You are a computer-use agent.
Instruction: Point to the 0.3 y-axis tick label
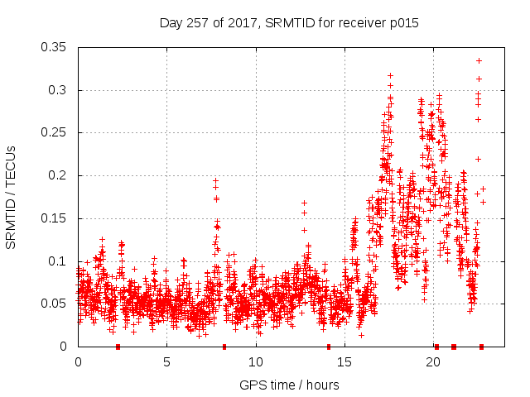[x=60, y=90]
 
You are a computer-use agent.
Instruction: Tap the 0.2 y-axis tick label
[x=60, y=175]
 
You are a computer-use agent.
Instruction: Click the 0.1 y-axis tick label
[x=60, y=261]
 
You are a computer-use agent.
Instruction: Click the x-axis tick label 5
[x=166, y=362]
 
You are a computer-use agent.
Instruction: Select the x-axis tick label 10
[x=256, y=362]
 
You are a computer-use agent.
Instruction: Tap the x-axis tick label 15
[x=344, y=362]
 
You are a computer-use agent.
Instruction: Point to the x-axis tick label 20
[x=433, y=362]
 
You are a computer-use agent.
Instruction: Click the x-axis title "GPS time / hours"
[x=289, y=385]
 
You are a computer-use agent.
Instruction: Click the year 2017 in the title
[x=242, y=23]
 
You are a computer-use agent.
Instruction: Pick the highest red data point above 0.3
[x=479, y=60]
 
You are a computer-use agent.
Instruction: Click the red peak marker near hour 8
[x=215, y=180]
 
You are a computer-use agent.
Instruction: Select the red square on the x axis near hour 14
[x=329, y=347]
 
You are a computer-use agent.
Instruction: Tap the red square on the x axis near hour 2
[x=118, y=347]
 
